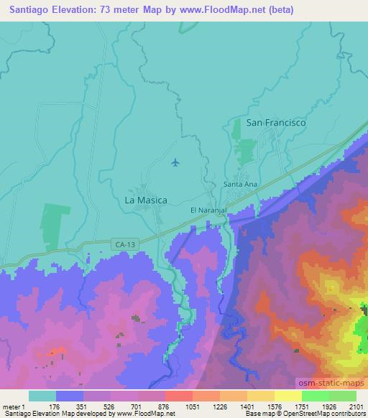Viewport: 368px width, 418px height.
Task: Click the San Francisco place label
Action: [x=276, y=123]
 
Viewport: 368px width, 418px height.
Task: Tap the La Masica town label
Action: [x=146, y=200]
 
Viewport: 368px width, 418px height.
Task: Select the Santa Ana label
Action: [x=240, y=184]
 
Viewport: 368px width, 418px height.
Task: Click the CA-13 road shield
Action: [x=124, y=245]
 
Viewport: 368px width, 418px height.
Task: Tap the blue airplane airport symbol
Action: [x=175, y=162]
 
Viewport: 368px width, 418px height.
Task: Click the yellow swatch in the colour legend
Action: [x=287, y=396]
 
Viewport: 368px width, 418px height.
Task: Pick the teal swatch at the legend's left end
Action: [x=42, y=396]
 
